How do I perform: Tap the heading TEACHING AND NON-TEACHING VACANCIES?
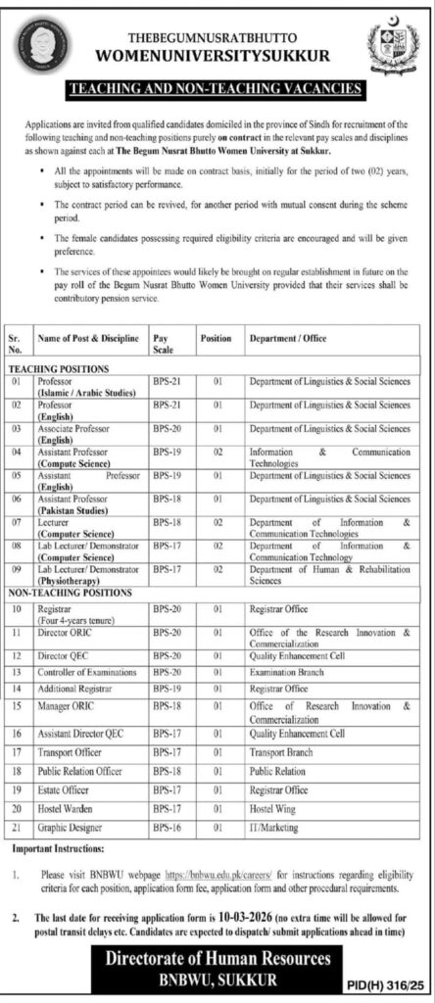(x=217, y=88)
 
